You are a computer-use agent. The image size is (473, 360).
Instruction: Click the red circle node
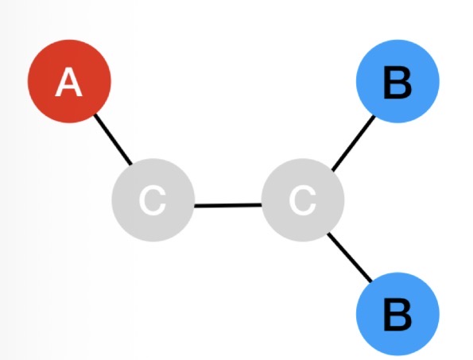pos(69,82)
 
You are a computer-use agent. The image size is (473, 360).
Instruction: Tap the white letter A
pos(69,83)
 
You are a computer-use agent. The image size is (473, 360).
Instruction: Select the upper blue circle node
pos(397,83)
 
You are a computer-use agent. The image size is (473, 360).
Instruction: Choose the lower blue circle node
pos(397,315)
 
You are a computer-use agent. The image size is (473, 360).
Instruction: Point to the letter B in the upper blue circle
pos(397,83)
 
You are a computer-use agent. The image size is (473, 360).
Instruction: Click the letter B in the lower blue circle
pos(397,315)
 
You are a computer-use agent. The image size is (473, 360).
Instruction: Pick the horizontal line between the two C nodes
pos(227,205)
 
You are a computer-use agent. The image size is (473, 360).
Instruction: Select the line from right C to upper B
pos(353,143)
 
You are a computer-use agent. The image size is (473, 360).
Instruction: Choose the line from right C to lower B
pos(350,257)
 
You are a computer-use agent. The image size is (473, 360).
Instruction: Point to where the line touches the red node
pos(95,115)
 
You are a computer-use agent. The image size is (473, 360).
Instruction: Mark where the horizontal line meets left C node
pos(193,206)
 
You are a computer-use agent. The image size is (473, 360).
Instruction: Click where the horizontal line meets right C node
pos(262,205)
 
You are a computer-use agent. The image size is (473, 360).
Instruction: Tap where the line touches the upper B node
pos(374,117)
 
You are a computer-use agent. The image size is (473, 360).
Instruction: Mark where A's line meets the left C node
pos(131,165)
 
